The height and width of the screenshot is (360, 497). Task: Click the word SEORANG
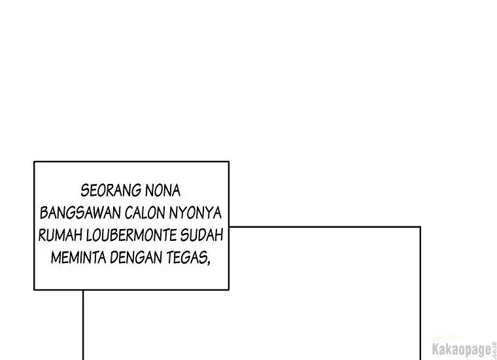(x=111, y=191)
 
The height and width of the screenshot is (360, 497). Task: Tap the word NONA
(x=163, y=191)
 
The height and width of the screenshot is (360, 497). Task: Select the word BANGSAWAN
(x=80, y=213)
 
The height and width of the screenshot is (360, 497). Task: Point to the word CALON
(x=145, y=213)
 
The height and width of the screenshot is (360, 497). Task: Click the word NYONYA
(x=195, y=213)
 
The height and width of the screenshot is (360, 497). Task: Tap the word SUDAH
(x=201, y=235)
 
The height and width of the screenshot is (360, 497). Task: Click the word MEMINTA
(x=78, y=257)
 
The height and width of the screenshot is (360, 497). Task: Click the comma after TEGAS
(x=209, y=262)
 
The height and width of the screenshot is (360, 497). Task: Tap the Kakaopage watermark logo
(x=462, y=350)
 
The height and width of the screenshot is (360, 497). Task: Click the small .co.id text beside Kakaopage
(x=494, y=350)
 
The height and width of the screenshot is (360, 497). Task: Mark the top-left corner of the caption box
(x=34, y=162)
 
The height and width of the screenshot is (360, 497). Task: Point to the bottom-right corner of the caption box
(x=228, y=289)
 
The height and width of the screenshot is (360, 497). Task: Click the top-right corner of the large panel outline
(x=420, y=227)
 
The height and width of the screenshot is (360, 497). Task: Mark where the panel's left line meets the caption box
(x=83, y=290)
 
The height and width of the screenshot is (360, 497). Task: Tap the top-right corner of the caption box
(x=228, y=162)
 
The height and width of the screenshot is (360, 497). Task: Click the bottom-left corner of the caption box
(x=34, y=289)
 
